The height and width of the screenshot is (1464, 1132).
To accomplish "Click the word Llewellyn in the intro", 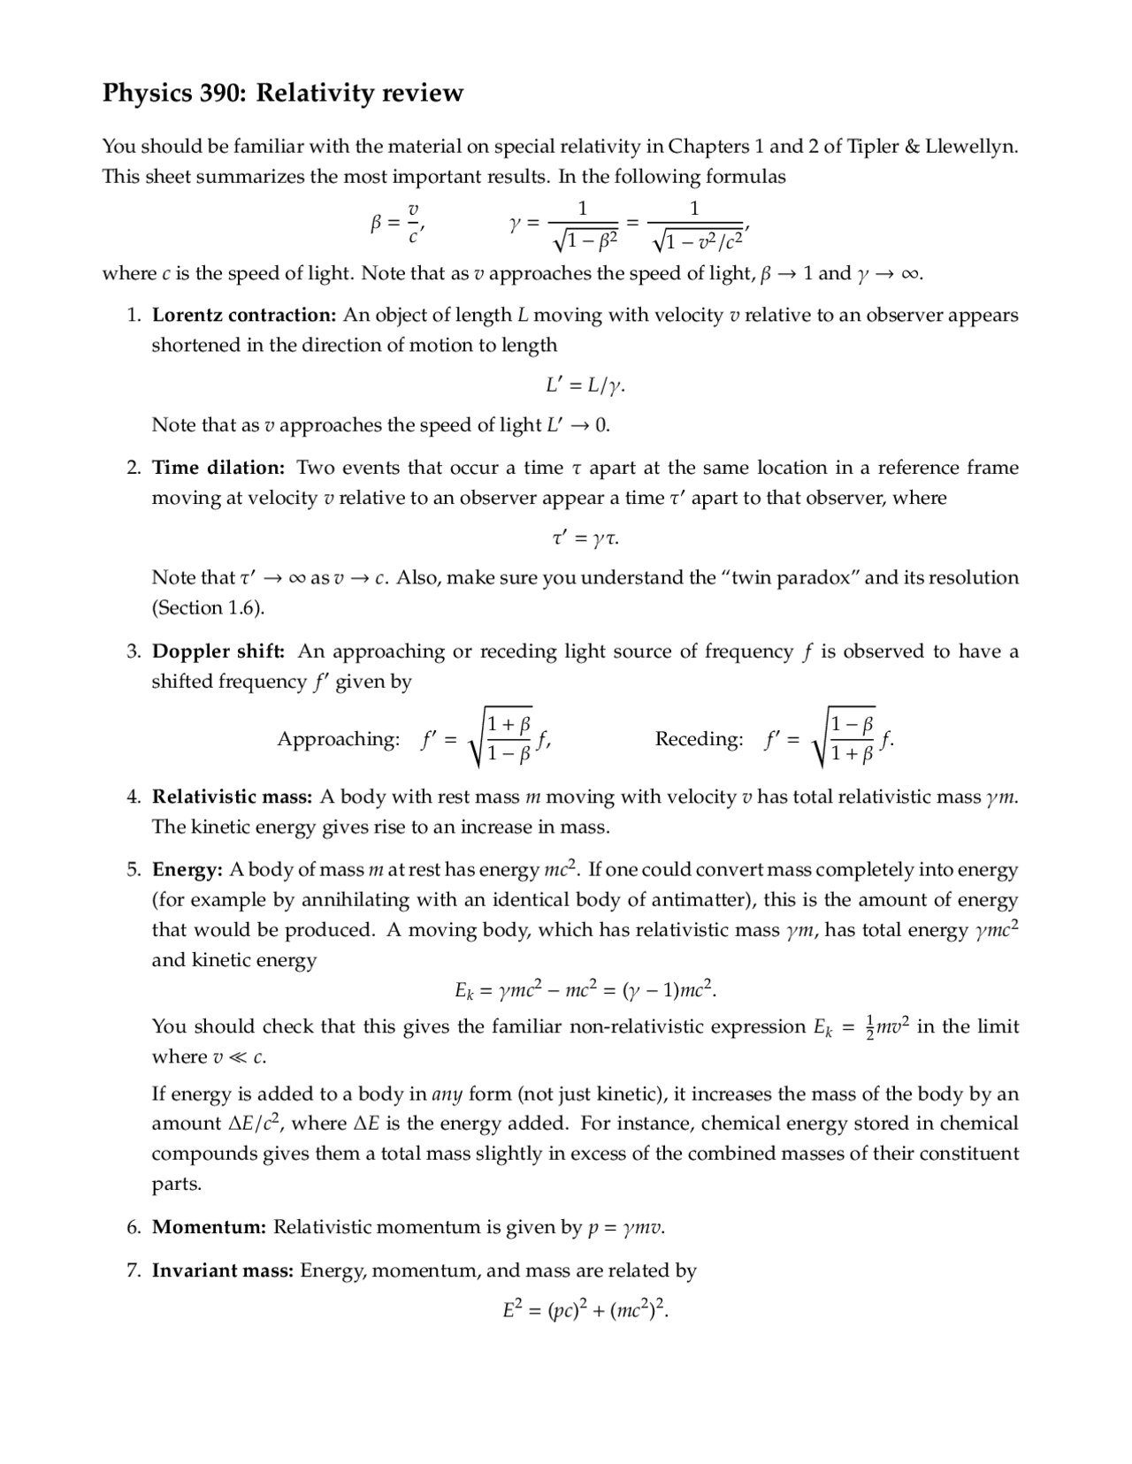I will coord(970,147).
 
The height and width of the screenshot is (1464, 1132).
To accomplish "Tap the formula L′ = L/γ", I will coord(585,386).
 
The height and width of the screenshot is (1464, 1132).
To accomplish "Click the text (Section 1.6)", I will coord(208,608).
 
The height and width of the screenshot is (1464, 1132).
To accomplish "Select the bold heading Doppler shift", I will coord(218,652).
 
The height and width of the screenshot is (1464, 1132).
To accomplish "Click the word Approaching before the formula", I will coord(338,739).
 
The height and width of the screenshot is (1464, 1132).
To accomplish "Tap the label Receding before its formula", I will coord(699,739).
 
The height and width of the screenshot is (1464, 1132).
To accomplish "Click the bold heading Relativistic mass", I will coord(232,797).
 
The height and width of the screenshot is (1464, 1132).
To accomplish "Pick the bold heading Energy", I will coord(187,871).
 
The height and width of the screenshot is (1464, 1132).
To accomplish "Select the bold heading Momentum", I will coord(209,1228).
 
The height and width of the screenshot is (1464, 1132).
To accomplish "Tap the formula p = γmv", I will coord(626,1228).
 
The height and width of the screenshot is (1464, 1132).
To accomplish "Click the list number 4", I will coord(133,797).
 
